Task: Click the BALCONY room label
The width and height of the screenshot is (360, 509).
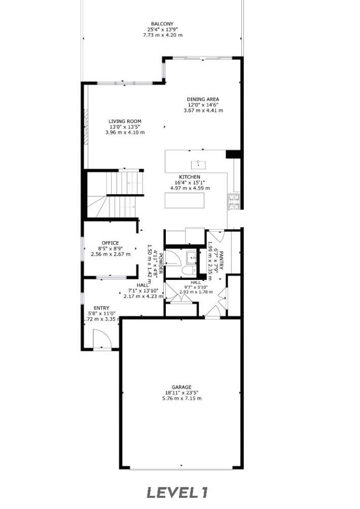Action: [x=162, y=24]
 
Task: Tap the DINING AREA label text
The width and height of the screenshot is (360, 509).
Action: [x=203, y=99]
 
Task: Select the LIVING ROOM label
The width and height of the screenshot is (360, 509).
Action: [x=125, y=121]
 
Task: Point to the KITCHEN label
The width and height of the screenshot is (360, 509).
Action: [x=190, y=177]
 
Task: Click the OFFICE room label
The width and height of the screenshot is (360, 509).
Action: [x=110, y=243]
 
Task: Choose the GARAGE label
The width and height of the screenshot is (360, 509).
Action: [x=181, y=387]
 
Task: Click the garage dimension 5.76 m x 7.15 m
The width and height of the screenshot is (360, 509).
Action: [x=181, y=398]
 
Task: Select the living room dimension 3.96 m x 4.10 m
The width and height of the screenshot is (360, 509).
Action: [x=125, y=132]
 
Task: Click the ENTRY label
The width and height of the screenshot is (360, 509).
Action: [x=101, y=308]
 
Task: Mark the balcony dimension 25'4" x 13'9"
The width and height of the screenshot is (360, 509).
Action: [x=162, y=29]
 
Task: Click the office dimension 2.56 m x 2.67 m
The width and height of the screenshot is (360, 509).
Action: [x=110, y=254]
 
